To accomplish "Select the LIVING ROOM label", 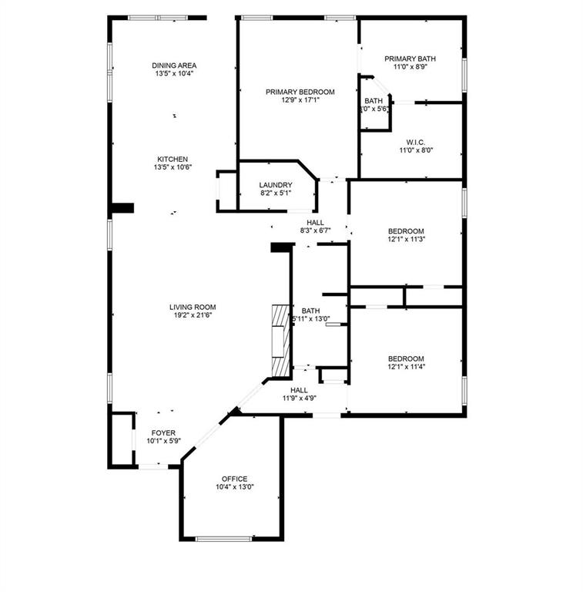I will click(x=193, y=307).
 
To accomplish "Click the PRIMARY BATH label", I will click(x=410, y=59).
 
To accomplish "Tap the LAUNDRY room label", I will click(x=275, y=185).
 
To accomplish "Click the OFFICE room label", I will click(x=234, y=479).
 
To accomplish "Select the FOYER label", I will click(x=163, y=432).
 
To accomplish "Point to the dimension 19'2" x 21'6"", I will click(x=193, y=315).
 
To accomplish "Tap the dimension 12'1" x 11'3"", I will click(x=406, y=239).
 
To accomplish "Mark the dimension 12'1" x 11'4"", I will click(x=406, y=367).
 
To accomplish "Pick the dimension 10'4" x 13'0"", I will click(x=234, y=487).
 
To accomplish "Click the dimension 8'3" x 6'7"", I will click(x=315, y=230).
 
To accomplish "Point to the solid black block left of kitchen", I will click(x=122, y=207).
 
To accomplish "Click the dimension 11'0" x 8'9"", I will click(x=410, y=67).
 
